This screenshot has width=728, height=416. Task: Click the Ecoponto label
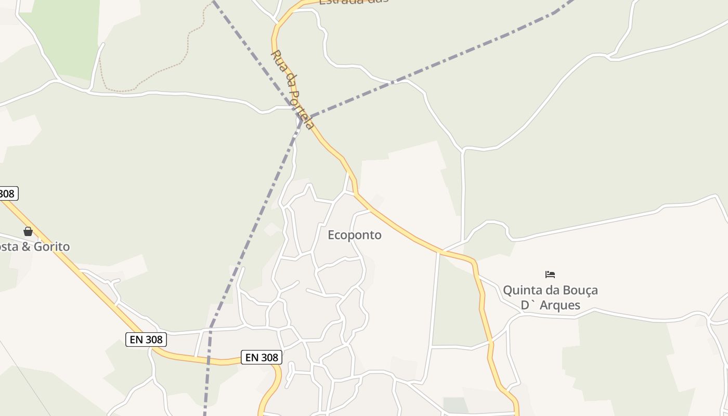[354, 235]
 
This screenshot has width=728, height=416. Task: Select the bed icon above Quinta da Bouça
[550, 274]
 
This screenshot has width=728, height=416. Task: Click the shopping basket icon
[28, 231]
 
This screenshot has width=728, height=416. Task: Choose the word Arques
[560, 305]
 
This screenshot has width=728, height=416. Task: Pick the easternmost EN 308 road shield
[262, 357]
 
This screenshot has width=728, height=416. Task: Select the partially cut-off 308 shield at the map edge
[8, 194]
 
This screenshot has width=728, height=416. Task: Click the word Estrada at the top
[340, 2]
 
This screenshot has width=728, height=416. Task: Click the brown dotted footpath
[156, 77]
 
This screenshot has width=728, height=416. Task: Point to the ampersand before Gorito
[26, 246]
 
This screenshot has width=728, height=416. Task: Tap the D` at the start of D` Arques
[527, 305]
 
